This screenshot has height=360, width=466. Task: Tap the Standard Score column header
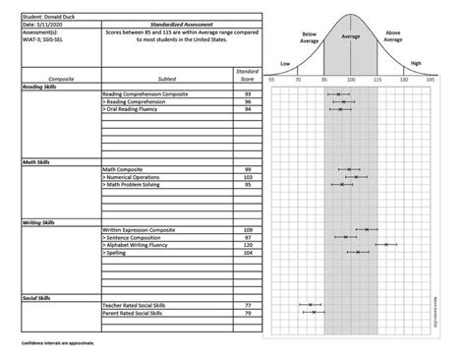click(248, 75)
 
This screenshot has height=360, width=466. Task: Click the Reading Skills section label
click(40, 87)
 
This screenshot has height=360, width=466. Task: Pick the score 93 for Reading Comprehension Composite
click(248, 94)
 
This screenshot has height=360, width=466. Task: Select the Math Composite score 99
click(248, 169)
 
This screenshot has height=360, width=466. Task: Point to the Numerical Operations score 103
click(248, 177)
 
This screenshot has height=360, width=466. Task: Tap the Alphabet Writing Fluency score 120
click(248, 244)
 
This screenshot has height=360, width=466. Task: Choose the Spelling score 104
click(248, 252)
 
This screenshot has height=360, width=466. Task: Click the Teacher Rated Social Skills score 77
click(248, 305)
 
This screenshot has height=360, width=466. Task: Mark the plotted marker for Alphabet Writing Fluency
click(386, 244)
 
